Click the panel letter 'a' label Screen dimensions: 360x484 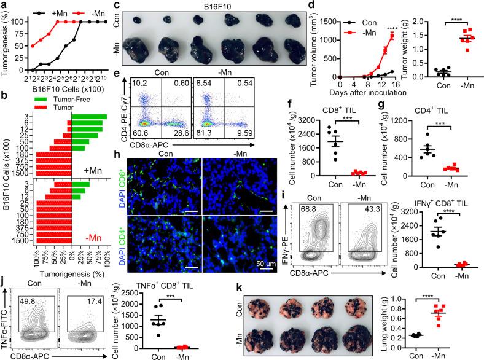click(4, 6)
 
